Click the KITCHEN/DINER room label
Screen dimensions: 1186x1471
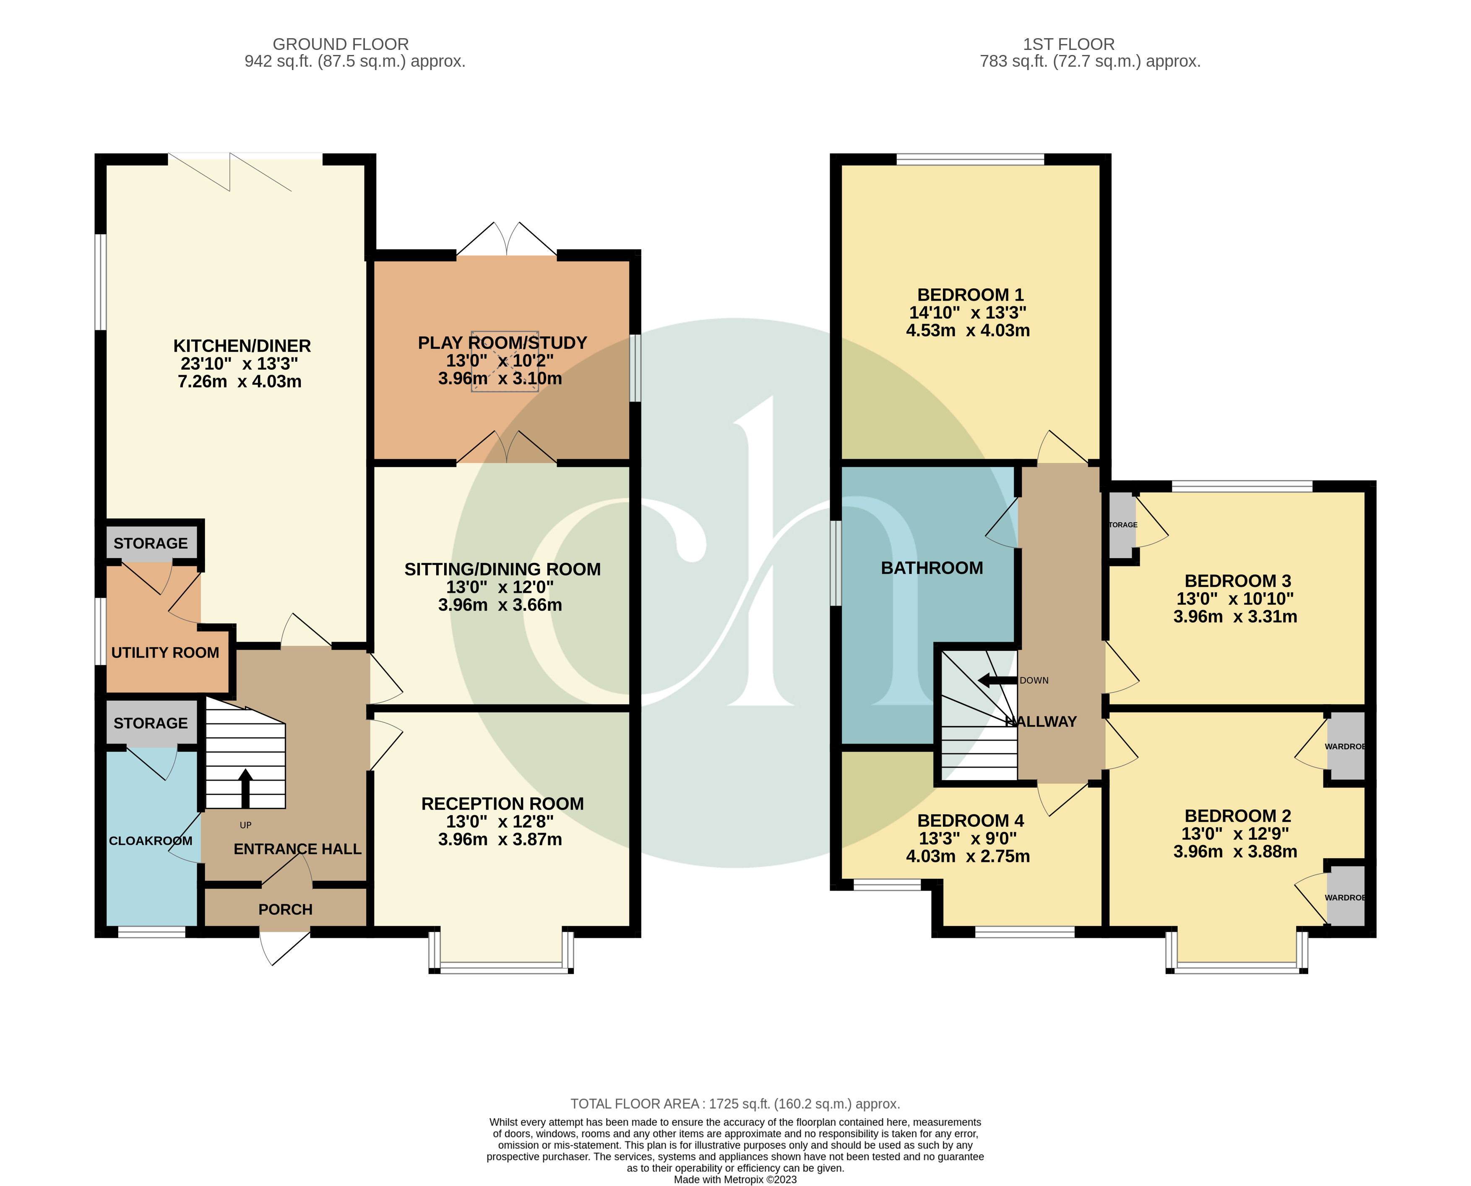[242, 346]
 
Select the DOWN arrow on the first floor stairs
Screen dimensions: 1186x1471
[997, 680]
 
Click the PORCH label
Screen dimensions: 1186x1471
[286, 909]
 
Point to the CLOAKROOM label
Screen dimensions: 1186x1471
[150, 841]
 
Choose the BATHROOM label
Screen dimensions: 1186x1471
[932, 568]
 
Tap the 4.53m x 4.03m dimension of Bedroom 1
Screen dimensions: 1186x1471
[968, 331]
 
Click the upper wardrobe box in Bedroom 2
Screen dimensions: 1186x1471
[1345, 746]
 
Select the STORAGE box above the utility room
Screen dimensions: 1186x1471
[151, 544]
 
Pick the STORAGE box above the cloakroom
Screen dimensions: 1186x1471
[151, 724]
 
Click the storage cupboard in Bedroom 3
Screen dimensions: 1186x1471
[1122, 525]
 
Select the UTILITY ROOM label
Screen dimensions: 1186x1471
[165, 653]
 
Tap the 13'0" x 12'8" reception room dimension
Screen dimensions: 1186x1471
[500, 821]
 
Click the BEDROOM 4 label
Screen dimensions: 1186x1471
[971, 820]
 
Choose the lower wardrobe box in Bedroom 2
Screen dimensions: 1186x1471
[1345, 897]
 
